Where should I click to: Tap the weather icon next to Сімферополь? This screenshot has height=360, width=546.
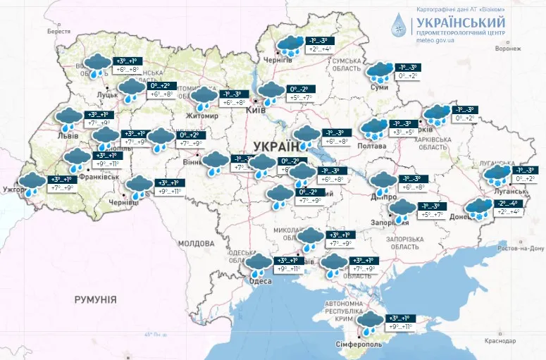368,322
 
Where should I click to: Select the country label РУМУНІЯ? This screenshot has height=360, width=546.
95,299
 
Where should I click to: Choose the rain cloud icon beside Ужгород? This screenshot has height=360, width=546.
32,184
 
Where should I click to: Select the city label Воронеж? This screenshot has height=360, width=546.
508,49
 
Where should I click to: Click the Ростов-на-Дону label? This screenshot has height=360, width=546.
520,249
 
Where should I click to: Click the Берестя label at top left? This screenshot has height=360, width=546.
59,32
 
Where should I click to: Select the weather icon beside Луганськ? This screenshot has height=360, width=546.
499,175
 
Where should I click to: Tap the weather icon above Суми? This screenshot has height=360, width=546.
380,71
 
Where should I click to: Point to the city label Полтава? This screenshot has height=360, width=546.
373,146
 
